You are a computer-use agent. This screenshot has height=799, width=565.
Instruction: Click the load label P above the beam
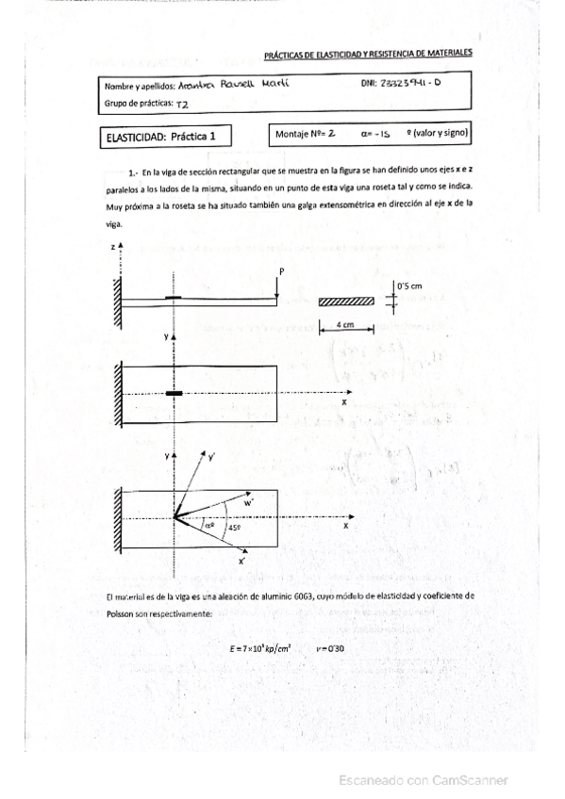(281, 271)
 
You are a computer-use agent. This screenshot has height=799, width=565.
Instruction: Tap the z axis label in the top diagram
(112, 246)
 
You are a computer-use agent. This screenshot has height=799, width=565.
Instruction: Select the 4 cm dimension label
(346, 325)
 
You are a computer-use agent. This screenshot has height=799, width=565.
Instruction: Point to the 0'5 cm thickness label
(412, 284)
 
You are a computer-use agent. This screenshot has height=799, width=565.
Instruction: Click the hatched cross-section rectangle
(346, 302)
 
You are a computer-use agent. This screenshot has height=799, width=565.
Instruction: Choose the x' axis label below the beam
(242, 562)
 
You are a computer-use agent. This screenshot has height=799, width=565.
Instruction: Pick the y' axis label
(210, 456)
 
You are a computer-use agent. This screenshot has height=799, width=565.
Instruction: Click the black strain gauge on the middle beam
(174, 394)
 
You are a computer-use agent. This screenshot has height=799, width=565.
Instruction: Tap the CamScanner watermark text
(426, 780)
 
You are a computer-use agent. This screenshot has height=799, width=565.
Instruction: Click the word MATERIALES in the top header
(449, 56)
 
